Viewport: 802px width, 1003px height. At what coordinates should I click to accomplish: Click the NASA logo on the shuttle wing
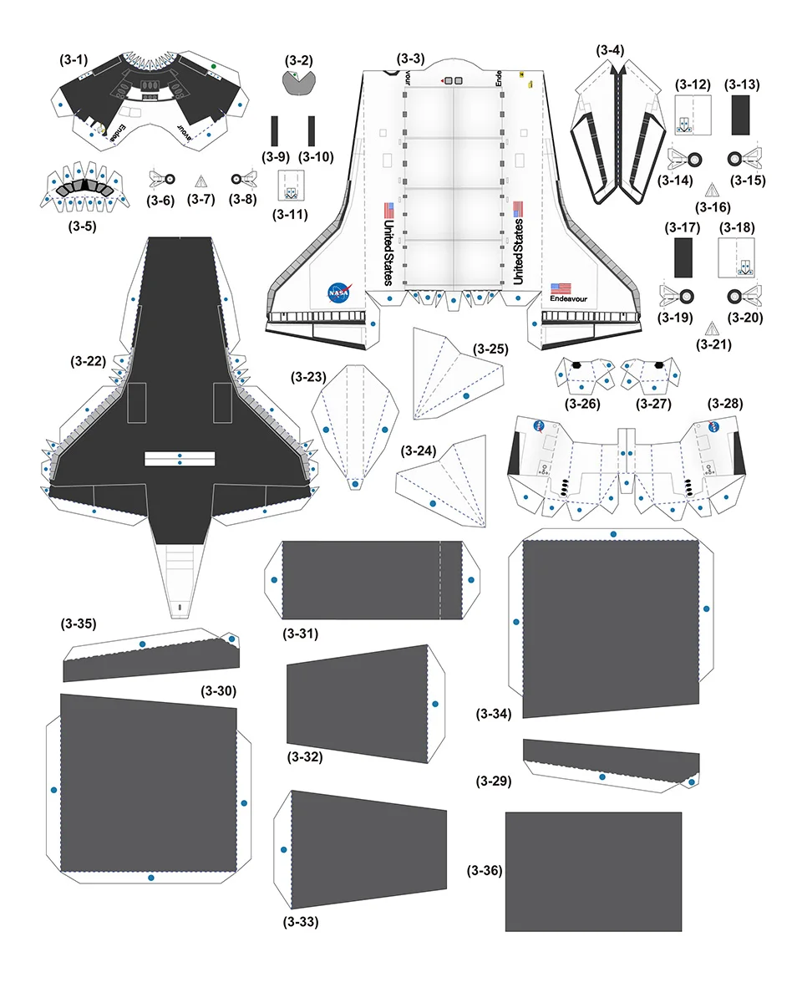click(x=339, y=293)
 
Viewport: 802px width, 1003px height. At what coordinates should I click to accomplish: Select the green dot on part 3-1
click(x=214, y=65)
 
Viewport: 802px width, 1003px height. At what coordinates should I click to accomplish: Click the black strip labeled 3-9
click(x=275, y=131)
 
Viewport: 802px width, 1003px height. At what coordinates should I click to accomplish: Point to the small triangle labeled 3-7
click(x=200, y=180)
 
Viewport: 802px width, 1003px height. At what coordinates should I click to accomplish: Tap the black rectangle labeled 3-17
click(x=684, y=257)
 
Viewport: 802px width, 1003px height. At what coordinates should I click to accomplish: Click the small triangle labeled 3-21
click(x=711, y=328)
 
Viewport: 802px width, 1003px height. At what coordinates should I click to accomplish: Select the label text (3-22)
click(x=89, y=361)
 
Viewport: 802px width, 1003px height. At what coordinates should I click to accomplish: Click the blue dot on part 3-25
click(x=466, y=395)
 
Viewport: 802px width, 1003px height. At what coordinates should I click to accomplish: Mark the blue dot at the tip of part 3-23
click(x=355, y=483)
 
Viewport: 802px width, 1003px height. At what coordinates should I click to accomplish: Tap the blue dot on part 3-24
click(x=433, y=503)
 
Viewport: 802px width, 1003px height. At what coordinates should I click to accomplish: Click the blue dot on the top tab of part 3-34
click(x=613, y=533)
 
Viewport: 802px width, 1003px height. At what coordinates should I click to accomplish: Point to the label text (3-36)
click(x=485, y=870)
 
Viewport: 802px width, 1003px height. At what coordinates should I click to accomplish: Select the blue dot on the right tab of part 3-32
click(x=435, y=704)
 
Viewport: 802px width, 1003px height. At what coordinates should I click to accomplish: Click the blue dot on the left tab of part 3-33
click(x=284, y=849)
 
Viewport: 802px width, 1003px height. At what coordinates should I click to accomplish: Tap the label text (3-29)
click(x=493, y=781)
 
